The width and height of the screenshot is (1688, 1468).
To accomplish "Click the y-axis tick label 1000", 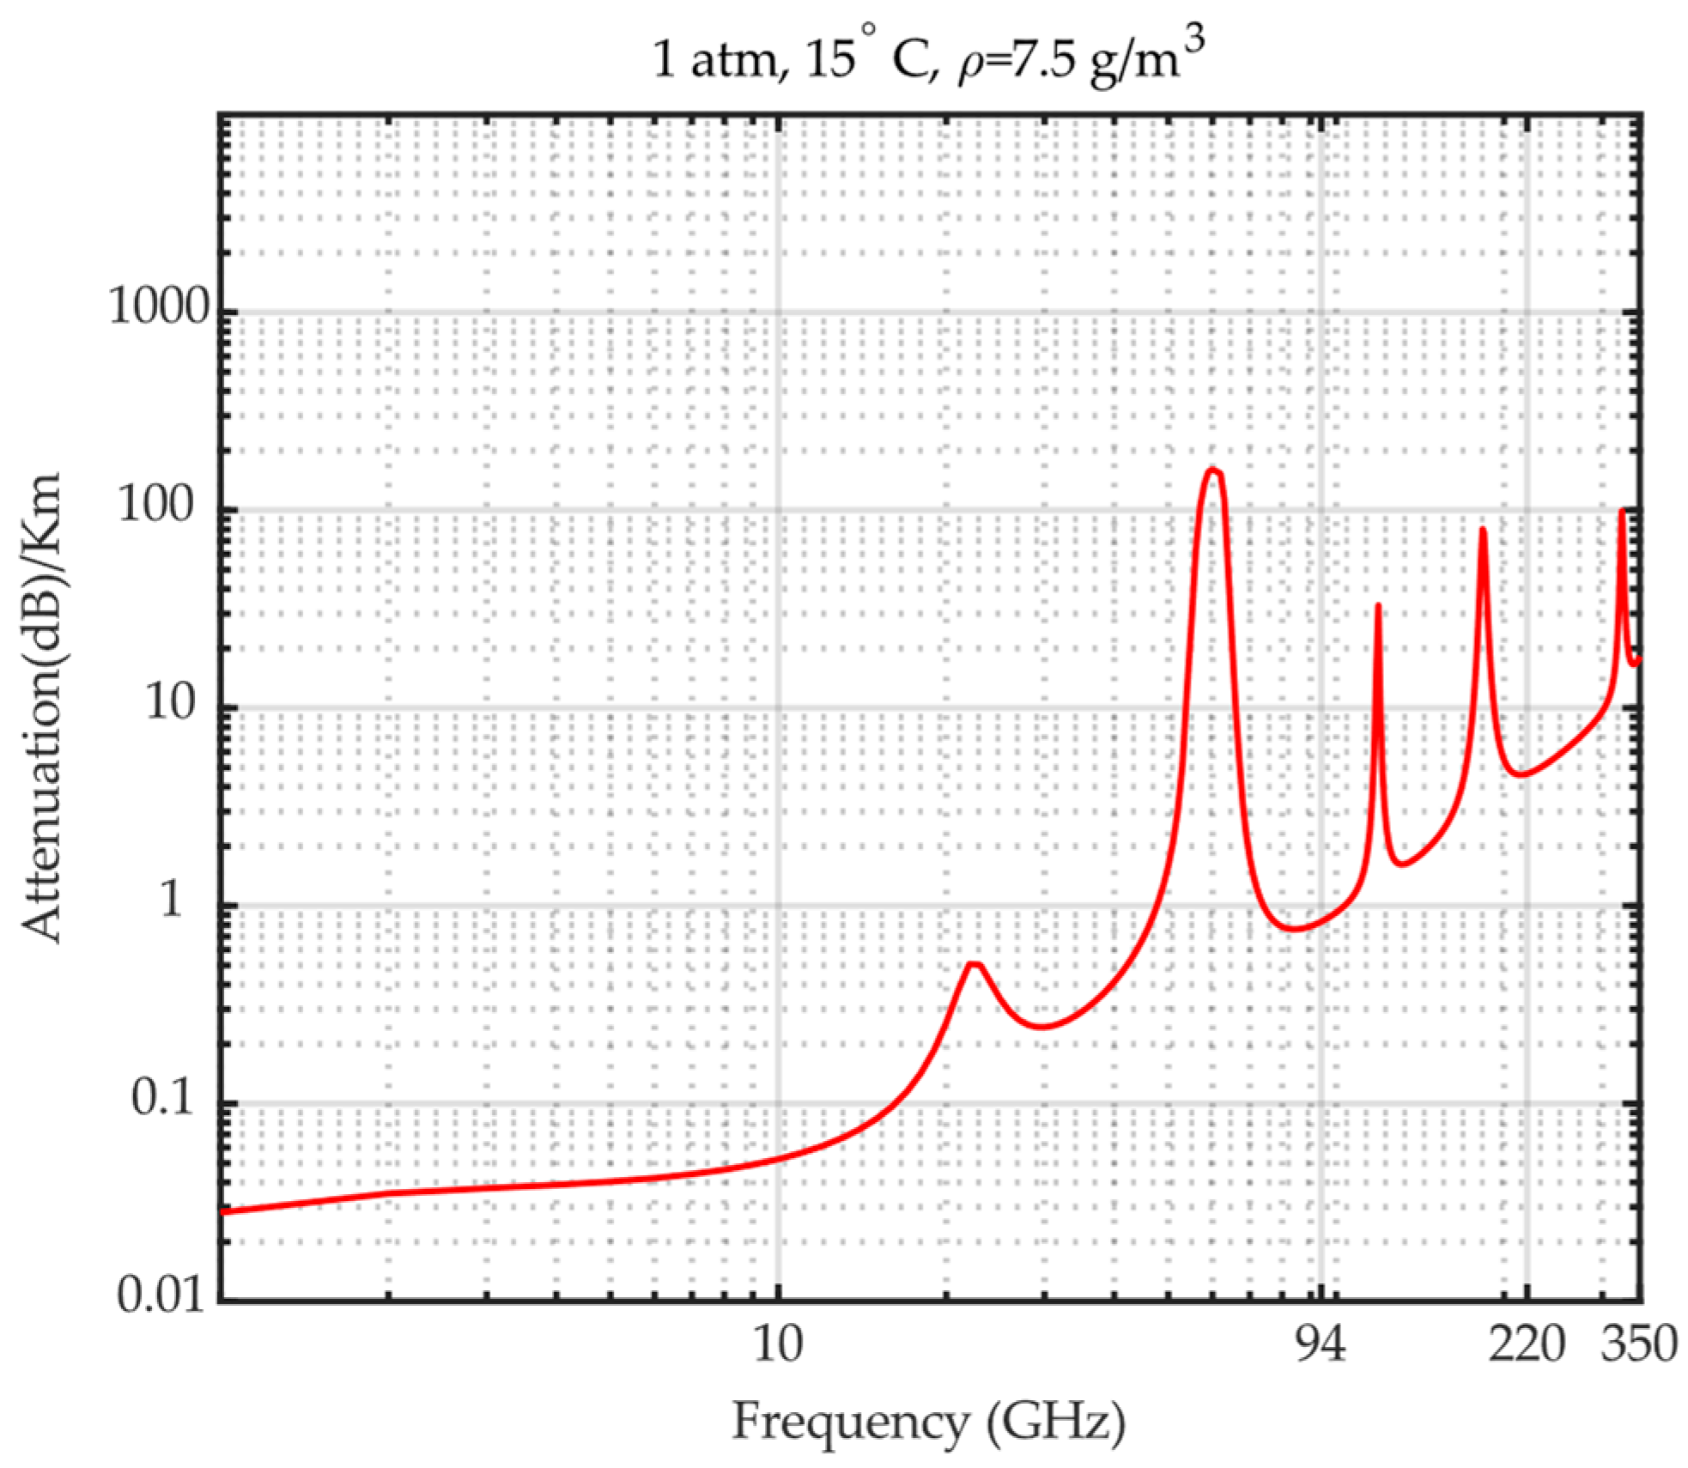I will (159, 306).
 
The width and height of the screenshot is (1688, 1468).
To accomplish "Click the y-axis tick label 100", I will (155, 504).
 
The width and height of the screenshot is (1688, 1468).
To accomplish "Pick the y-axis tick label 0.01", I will (161, 1294).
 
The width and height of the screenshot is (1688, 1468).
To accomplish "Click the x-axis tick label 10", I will (778, 1344).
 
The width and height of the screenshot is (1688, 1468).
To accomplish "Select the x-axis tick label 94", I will (1320, 1344).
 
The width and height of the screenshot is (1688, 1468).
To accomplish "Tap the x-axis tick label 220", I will (1527, 1344).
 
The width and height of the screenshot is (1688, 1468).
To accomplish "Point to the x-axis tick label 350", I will (1638, 1344).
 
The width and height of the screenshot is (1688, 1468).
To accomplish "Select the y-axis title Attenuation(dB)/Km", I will (41, 707).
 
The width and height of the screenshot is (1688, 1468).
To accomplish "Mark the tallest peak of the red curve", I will (1212, 470).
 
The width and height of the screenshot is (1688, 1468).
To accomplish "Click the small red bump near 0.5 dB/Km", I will (974, 965).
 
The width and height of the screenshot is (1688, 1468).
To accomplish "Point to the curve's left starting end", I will (223, 1211).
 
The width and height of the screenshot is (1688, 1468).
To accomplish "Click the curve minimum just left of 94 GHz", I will (1295, 929).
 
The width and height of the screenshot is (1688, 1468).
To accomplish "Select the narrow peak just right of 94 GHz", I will (1377, 606).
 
